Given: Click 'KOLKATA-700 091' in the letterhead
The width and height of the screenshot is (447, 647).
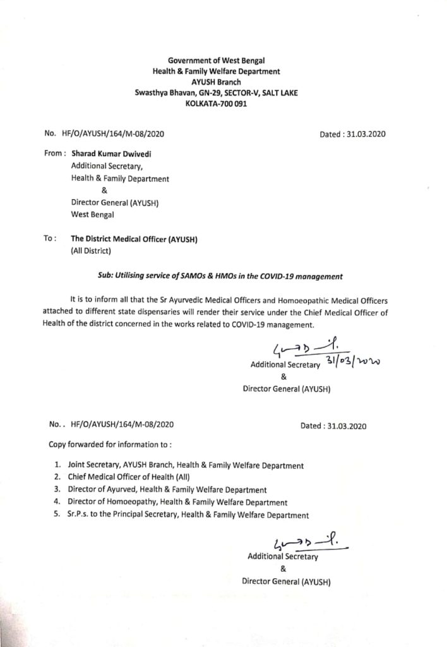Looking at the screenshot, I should tap(216, 103).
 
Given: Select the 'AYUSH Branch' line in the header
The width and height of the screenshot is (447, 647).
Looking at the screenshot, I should tap(216, 82).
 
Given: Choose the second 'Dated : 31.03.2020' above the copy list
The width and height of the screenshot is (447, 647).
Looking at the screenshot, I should tap(333, 426).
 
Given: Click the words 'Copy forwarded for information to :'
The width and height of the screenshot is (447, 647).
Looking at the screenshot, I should tap(110, 444).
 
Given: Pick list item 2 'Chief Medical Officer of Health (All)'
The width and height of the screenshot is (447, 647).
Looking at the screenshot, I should tap(130, 478).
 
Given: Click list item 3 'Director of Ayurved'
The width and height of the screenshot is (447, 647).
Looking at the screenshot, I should tap(168, 490).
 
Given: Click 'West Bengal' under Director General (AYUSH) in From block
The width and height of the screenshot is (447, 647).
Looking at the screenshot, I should tap(92, 215).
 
